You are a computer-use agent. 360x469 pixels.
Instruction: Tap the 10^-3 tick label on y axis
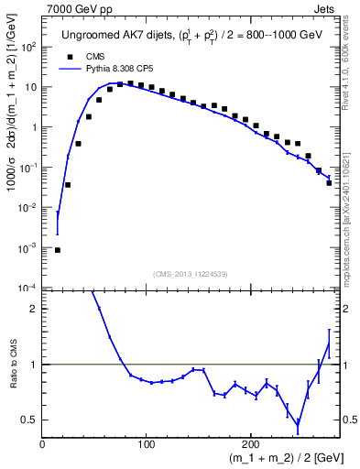click(x=29, y=248)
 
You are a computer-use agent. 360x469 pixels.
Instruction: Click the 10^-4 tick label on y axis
click(x=29, y=289)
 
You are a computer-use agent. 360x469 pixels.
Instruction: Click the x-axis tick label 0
click(x=42, y=444)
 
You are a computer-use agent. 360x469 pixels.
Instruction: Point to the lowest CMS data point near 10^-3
click(x=57, y=249)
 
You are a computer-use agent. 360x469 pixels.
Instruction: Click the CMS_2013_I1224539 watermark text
click(x=191, y=273)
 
